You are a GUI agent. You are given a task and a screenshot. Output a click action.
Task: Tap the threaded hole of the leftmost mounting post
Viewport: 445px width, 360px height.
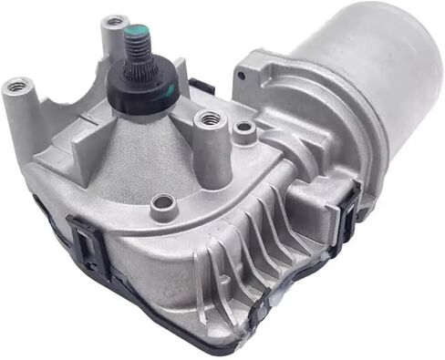16,86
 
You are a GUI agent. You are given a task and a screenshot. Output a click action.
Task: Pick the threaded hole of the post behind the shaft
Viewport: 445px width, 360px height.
115,20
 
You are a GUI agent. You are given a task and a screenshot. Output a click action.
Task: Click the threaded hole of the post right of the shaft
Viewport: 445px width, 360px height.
210,118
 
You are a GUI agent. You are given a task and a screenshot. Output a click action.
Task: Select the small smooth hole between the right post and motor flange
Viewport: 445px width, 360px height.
243,129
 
